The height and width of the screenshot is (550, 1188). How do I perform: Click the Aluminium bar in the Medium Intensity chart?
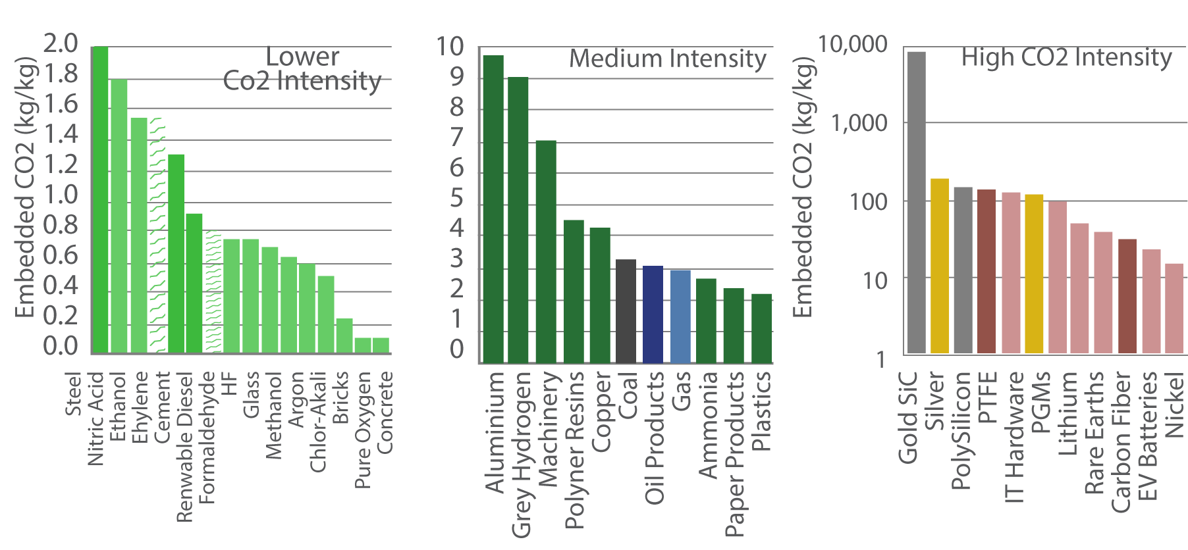pyautogui.click(x=493, y=209)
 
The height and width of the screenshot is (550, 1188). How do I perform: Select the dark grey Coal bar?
pyautogui.click(x=626, y=311)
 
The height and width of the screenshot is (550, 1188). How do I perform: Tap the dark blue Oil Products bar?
pyautogui.click(x=653, y=314)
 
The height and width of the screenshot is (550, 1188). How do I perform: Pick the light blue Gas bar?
pyautogui.click(x=680, y=316)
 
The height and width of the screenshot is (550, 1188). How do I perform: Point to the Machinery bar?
pyautogui.click(x=546, y=251)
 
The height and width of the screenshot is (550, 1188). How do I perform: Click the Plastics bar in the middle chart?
pyautogui.click(x=761, y=328)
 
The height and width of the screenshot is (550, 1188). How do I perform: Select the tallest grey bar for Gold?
pyautogui.click(x=916, y=202)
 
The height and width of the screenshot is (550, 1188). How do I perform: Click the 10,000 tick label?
pyautogui.click(x=852, y=45)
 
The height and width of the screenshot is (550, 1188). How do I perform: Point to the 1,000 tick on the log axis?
pyautogui.click(x=859, y=123)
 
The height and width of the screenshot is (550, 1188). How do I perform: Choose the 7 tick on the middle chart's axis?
pyautogui.click(x=456, y=137)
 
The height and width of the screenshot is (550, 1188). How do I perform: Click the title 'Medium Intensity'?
pyautogui.click(x=668, y=59)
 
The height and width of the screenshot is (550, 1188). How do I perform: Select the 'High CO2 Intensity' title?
pyautogui.click(x=1066, y=58)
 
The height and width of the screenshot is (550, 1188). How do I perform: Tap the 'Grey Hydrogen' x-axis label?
pyautogui.click(x=521, y=454)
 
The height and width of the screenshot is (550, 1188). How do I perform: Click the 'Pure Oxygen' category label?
pyautogui.click(x=363, y=430)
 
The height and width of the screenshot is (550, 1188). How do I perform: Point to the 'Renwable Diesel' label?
pyautogui.click(x=185, y=447)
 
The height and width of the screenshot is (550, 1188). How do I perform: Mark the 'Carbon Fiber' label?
pyautogui.click(x=1121, y=441)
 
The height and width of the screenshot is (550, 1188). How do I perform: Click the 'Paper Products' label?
pyautogui.click(x=734, y=454)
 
